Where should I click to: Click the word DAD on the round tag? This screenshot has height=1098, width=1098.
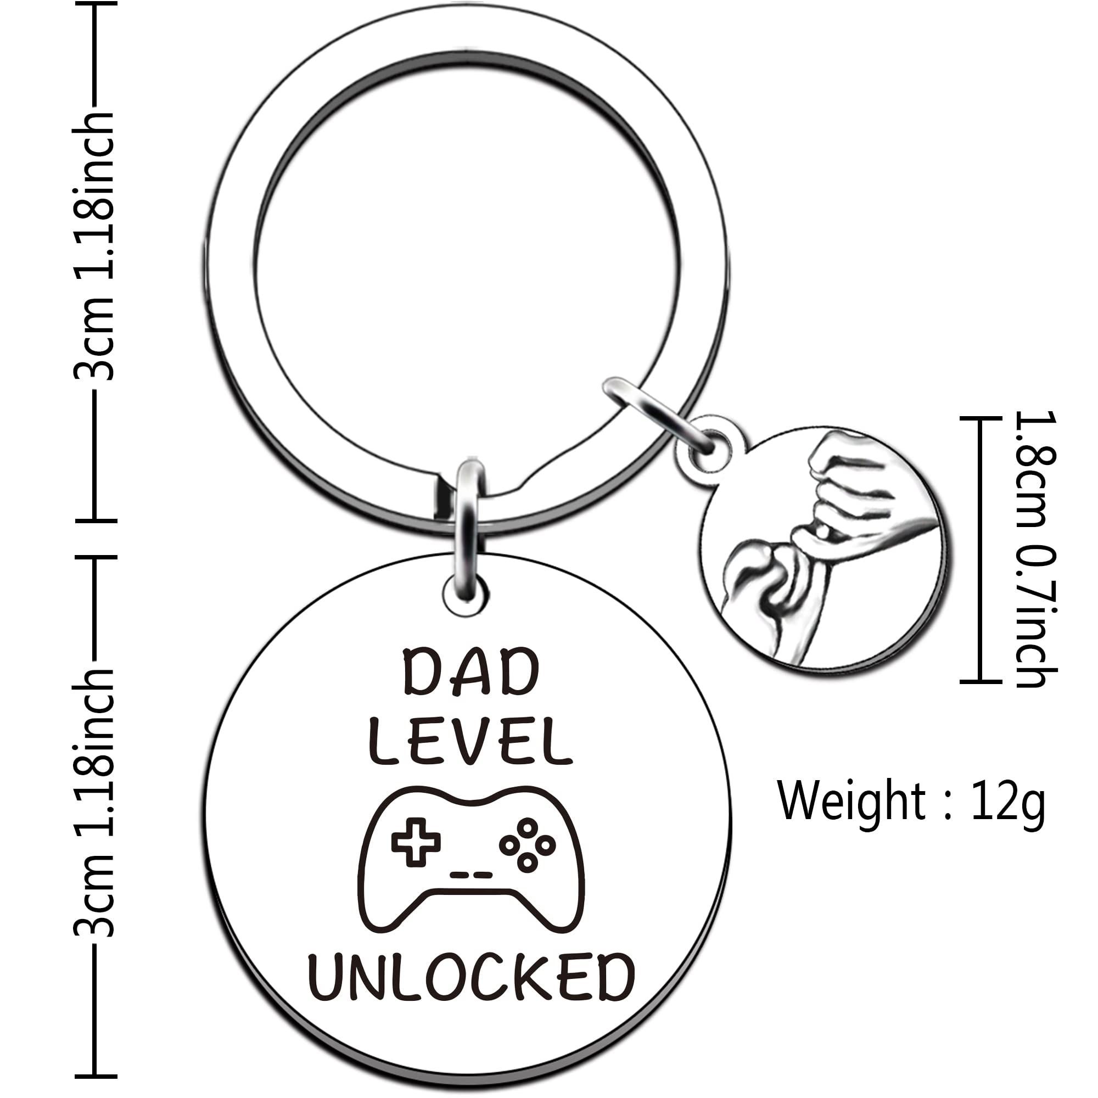point(470,674)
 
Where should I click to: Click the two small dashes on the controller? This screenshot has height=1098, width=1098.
point(471,875)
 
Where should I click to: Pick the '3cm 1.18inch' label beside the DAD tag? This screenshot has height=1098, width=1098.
point(94,804)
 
